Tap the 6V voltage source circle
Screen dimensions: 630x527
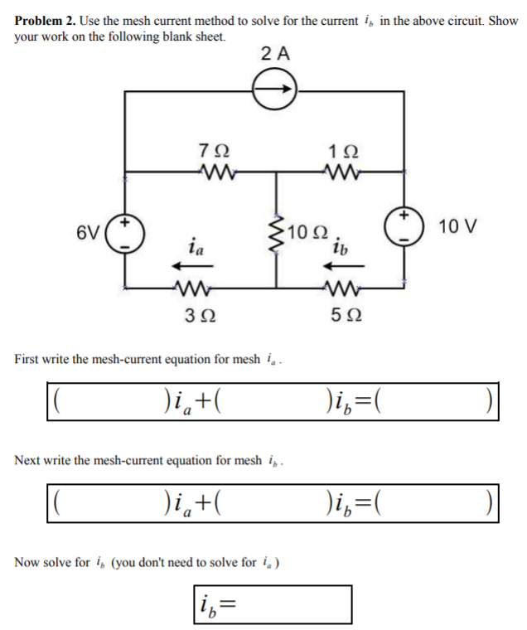126,235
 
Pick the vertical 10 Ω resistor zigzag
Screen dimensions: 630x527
277,235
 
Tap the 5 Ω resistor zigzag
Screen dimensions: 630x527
339,290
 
